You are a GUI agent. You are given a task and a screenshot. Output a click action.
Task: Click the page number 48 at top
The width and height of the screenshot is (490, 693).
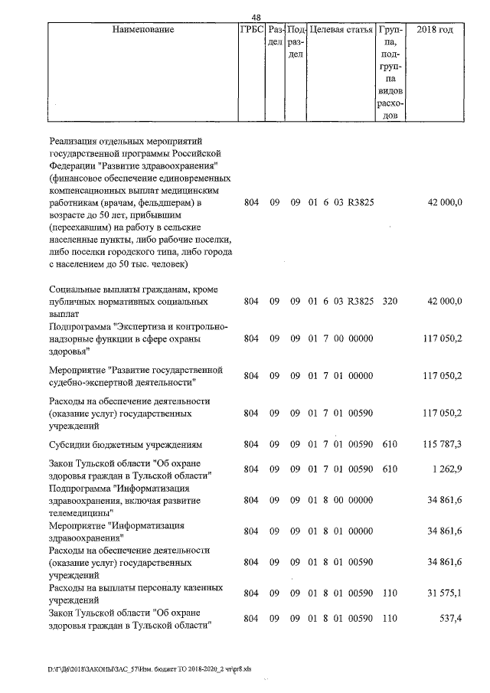[x=256, y=18]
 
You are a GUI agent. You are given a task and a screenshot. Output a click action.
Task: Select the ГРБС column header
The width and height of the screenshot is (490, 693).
[x=250, y=30]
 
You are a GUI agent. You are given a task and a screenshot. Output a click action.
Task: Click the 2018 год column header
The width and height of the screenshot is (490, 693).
[x=434, y=30]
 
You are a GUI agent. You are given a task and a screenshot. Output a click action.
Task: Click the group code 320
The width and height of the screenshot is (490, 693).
[x=390, y=302]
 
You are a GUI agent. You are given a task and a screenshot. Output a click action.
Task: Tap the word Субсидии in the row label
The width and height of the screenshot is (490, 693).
[x=70, y=444]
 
